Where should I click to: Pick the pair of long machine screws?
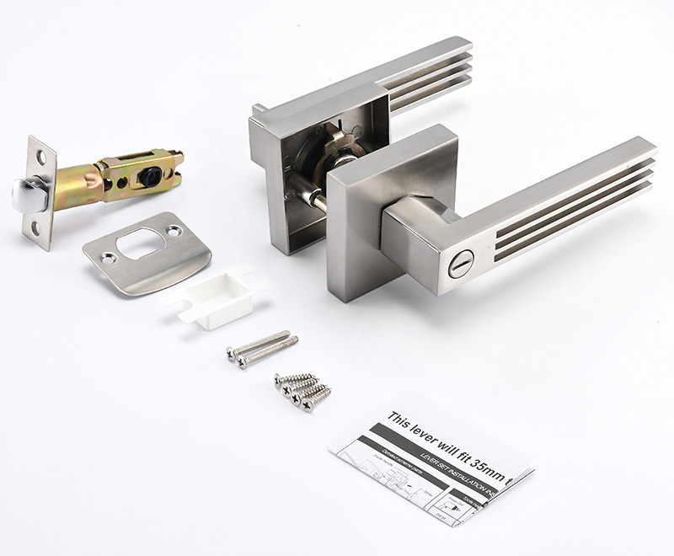[x=262, y=349]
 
